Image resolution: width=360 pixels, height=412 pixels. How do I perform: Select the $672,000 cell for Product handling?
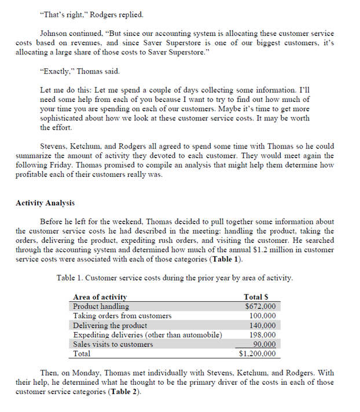[x=260, y=306]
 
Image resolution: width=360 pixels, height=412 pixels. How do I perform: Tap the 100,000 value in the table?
[x=262, y=315]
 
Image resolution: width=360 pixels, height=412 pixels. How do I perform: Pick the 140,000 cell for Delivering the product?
[x=262, y=325]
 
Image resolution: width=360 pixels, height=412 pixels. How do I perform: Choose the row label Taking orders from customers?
[x=122, y=315]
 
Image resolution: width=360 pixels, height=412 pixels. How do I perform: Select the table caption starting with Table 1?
[x=174, y=278]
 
